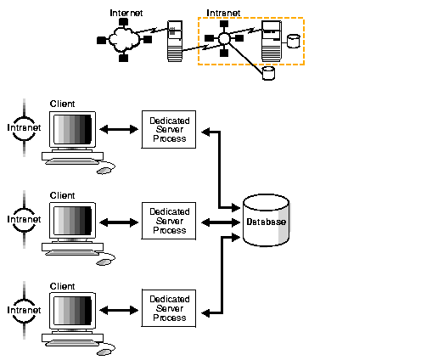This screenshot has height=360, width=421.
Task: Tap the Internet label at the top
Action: [126, 13]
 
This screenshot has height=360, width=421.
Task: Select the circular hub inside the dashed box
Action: [224, 39]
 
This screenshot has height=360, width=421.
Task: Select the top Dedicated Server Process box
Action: [169, 129]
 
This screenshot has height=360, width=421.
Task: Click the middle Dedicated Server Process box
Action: [169, 221]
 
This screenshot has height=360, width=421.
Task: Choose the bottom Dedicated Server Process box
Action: [169, 311]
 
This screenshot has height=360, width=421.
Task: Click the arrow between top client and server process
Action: [119, 130]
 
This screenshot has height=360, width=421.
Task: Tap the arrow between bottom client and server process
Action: [119, 312]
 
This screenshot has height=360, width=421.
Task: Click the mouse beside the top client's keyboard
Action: [104, 170]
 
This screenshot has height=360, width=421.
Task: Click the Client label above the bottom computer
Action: [62, 285]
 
